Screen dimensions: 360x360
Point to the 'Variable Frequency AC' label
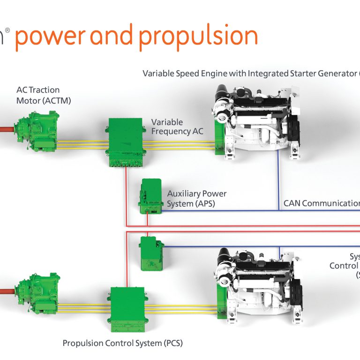click(x=177, y=127)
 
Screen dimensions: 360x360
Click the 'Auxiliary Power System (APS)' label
click(x=197, y=199)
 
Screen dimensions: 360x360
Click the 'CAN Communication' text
click(x=322, y=203)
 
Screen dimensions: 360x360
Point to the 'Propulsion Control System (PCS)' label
click(x=123, y=343)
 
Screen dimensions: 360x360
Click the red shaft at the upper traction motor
click(x=7, y=128)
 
